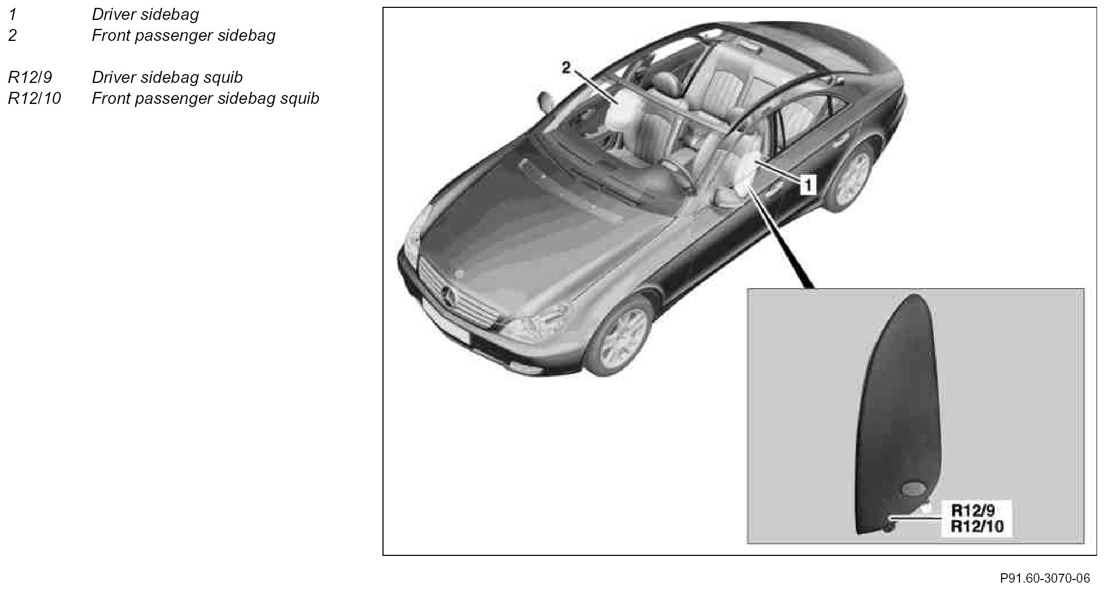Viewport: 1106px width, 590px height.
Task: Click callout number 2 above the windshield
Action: coord(566,68)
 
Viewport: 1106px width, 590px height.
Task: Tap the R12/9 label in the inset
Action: coord(973,511)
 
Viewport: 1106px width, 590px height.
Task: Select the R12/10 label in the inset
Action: coord(977,526)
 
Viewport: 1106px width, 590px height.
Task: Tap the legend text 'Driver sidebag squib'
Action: coord(167,77)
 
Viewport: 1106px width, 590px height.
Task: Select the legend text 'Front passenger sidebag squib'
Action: coord(205,98)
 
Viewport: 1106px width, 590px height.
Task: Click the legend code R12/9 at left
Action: coord(30,77)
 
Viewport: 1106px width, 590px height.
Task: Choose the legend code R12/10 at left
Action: coord(34,98)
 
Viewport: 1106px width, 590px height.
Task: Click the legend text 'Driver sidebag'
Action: coord(145,14)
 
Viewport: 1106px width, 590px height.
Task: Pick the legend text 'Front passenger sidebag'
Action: coord(183,35)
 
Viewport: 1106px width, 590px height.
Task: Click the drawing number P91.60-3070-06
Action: coord(1045,578)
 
